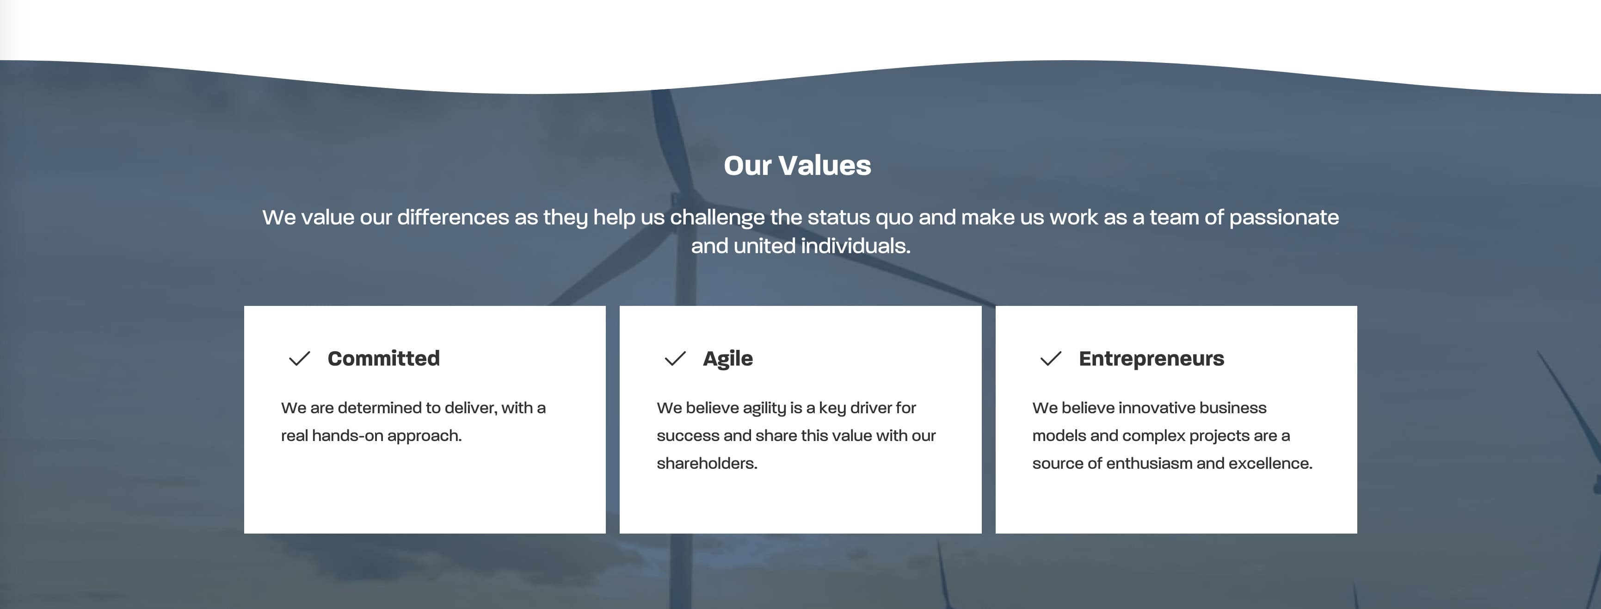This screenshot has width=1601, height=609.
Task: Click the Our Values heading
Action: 797,166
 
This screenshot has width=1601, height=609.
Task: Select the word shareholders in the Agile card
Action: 706,463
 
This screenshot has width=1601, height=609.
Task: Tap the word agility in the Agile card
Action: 764,408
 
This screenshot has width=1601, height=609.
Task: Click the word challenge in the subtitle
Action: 717,217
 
